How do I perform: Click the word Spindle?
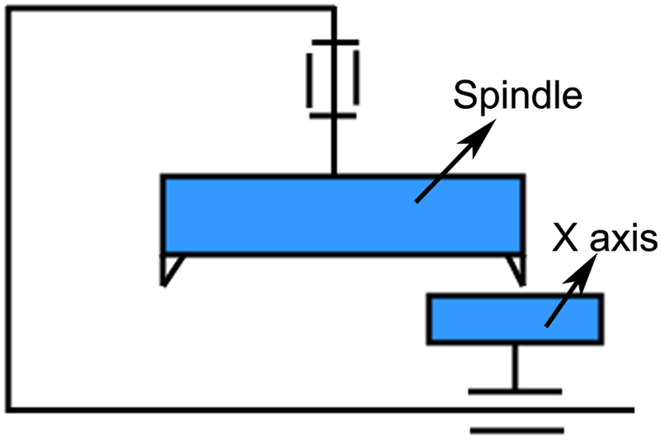518,97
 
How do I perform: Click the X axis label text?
605,238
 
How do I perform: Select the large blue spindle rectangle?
343,215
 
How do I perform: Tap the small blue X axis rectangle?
515,319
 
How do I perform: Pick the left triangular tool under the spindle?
170,270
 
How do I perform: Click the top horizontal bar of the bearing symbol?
335,43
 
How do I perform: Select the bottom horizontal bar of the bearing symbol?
333,116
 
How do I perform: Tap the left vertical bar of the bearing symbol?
309,80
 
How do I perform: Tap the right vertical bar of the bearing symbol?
356,78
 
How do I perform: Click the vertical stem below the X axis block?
515,367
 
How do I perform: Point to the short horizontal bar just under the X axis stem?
515,392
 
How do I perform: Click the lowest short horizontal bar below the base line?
517,431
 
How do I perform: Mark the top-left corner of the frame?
8,9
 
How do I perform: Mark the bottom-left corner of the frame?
8,410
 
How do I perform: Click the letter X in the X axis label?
565,238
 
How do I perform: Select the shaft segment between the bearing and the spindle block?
334,146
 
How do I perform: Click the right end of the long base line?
634,410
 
